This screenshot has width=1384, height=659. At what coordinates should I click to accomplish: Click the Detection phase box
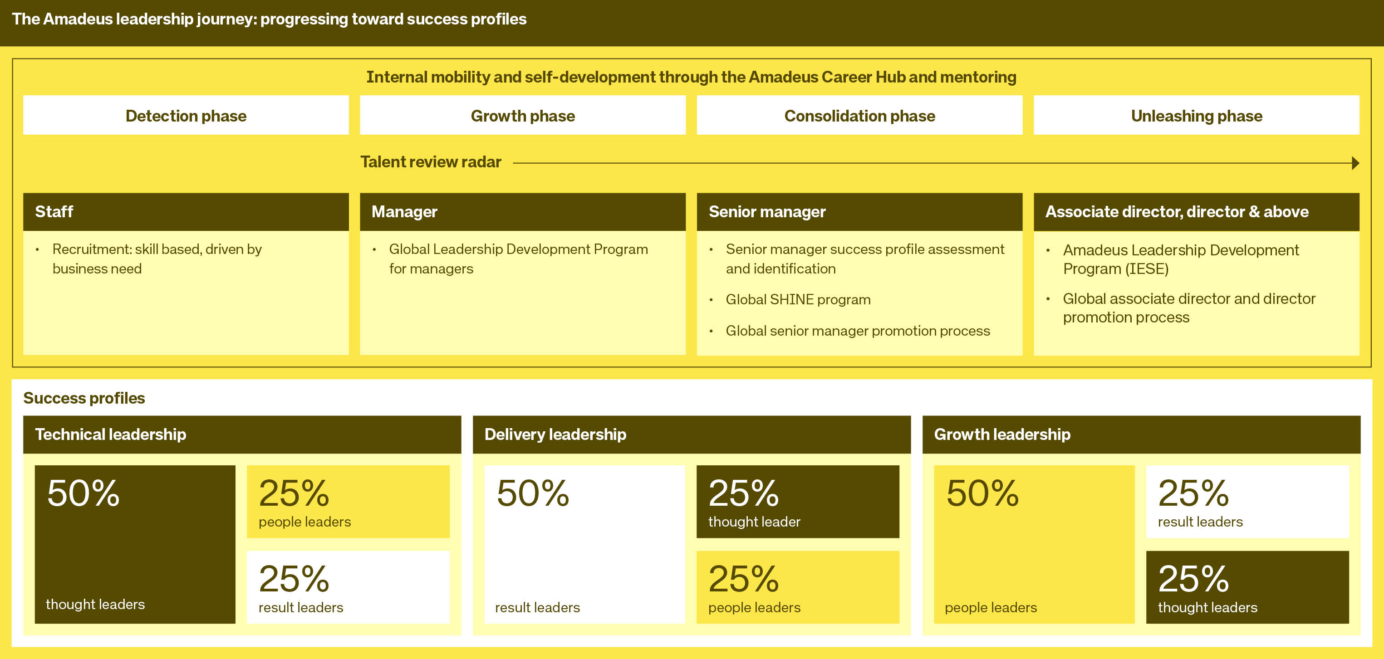186,116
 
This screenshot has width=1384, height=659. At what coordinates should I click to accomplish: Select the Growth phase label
522,116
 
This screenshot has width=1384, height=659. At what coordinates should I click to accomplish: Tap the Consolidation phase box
859,116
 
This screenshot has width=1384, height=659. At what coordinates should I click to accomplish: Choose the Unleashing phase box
1196,116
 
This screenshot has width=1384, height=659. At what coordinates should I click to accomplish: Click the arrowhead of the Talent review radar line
1355,163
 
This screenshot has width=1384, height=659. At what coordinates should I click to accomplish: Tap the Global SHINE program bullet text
798,300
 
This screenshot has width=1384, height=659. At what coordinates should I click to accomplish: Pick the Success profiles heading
84,398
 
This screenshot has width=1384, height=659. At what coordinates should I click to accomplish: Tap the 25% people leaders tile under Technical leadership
348,501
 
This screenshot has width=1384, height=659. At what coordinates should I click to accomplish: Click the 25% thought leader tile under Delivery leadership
797,501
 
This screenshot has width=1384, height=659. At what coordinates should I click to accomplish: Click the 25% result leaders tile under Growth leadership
1247,501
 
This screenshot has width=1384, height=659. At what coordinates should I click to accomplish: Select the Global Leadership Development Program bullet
518,259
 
